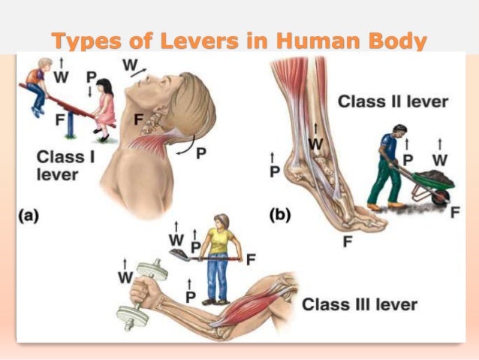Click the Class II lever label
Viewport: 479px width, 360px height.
pyautogui.click(x=393, y=101)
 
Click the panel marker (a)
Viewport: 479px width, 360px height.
pyautogui.click(x=27, y=215)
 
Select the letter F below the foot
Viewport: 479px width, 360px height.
pyautogui.click(x=347, y=241)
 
